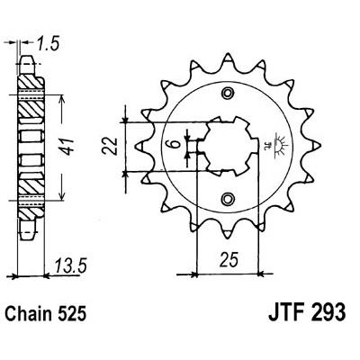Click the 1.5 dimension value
[47, 44]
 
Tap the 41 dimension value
[68, 147]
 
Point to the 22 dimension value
[109, 146]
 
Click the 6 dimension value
[175, 144]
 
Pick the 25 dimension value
[229, 260]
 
